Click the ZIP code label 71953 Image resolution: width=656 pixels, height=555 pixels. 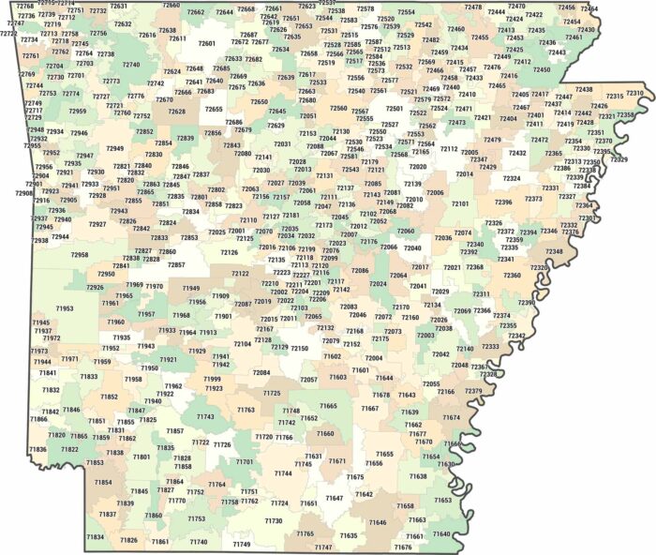[65, 307]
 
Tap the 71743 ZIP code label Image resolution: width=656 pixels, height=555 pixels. [205, 416]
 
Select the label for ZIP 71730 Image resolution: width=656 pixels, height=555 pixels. [274, 520]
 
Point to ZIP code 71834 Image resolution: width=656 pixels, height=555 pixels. [96, 537]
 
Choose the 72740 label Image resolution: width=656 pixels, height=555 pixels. [131, 65]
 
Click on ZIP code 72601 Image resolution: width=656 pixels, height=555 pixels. [206, 44]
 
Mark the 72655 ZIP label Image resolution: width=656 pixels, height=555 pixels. [215, 110]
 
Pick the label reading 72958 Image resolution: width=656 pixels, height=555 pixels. [80, 254]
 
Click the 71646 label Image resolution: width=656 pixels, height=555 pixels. [377, 522]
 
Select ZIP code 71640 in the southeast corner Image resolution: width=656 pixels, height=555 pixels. [441, 534]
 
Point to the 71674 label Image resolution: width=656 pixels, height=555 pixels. [452, 417]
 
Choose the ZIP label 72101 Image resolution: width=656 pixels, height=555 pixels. [461, 203]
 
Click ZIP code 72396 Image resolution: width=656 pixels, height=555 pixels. [504, 202]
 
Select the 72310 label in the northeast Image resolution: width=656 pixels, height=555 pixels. [634, 94]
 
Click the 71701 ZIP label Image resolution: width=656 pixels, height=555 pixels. [245, 461]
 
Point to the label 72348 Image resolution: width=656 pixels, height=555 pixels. [555, 251]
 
